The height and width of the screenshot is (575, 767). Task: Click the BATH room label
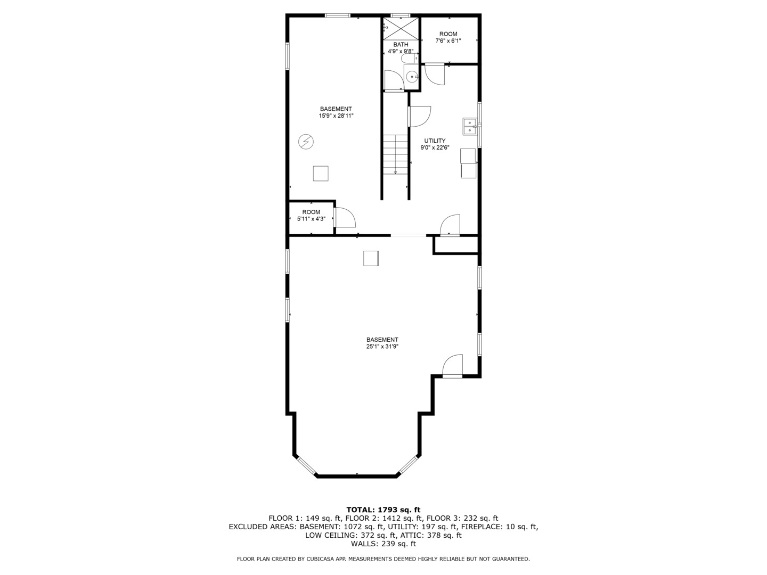pyautogui.click(x=401, y=45)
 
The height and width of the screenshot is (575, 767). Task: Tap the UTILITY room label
pyautogui.click(x=435, y=141)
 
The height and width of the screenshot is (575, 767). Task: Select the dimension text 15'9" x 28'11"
pyautogui.click(x=336, y=116)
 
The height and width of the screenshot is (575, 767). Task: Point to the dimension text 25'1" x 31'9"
pyautogui.click(x=382, y=347)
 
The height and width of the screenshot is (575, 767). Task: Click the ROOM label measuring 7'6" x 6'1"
pyautogui.click(x=448, y=34)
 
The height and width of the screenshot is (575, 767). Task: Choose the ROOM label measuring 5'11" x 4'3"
pyautogui.click(x=311, y=212)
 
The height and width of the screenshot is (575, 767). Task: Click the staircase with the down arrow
pyautogui.click(x=395, y=154)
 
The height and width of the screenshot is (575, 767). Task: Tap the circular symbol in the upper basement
pyautogui.click(x=306, y=142)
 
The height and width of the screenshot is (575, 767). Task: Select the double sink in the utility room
pyautogui.click(x=469, y=126)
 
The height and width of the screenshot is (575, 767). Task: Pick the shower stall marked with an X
pyautogui.click(x=401, y=28)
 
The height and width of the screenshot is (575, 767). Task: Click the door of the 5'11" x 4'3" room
pyautogui.click(x=344, y=218)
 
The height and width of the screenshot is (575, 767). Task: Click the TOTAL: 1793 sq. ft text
pyautogui.click(x=383, y=510)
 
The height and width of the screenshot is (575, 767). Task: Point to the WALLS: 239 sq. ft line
pyautogui.click(x=383, y=544)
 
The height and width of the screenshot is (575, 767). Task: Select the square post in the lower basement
pyautogui.click(x=371, y=258)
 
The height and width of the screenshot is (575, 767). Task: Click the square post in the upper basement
pyautogui.click(x=320, y=174)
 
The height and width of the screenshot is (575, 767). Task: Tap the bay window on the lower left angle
pyautogui.click(x=306, y=465)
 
